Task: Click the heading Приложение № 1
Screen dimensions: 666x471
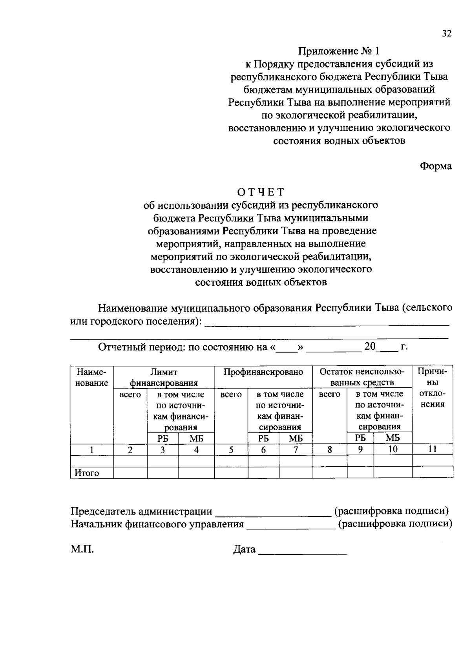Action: point(339,51)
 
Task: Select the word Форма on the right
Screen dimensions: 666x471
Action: point(436,166)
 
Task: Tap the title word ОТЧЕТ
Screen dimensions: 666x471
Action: point(260,192)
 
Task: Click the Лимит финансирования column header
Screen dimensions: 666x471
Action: point(164,377)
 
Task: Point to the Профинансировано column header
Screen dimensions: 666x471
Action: point(263,372)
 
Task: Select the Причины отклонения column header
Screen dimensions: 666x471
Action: point(432,387)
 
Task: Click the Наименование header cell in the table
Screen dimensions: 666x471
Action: point(91,377)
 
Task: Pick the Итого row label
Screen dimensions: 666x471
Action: point(87,473)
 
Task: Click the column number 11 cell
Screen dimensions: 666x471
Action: point(432,449)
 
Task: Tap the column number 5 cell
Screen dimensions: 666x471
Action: point(231,450)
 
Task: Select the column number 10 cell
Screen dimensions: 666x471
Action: point(392,449)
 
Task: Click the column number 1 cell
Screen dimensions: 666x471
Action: point(91,450)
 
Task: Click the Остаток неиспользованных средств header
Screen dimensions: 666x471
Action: point(362,377)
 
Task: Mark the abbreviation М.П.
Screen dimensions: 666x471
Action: point(82,549)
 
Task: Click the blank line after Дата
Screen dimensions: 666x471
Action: point(303,552)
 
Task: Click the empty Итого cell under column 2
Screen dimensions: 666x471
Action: point(130,473)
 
